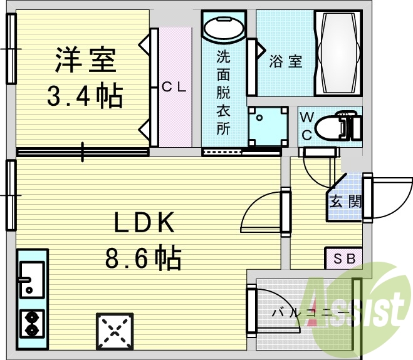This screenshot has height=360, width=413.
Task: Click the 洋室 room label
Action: click(85, 60)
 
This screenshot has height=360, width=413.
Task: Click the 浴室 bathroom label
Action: click(286, 61)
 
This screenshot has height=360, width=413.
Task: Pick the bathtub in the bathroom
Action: click(339, 53)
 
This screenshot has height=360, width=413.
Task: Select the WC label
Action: click(307, 125)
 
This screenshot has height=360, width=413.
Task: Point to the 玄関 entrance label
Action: click(345, 202)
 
